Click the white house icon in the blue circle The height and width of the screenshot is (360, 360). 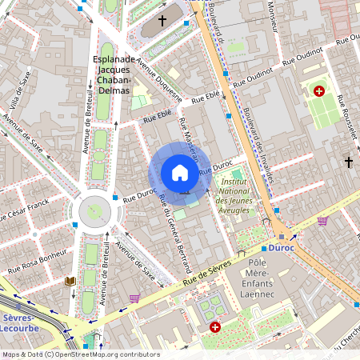click(179, 173)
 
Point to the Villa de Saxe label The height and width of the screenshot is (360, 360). click(20, 90)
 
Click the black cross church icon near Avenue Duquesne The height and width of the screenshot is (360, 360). click(162, 22)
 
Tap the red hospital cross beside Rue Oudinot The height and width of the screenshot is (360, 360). click(320, 92)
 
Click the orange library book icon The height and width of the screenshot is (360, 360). click(70, 282)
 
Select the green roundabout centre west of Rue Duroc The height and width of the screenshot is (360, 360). click(95, 212)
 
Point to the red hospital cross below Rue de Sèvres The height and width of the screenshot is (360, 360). click(215, 327)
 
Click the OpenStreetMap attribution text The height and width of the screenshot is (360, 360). click(80, 354)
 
